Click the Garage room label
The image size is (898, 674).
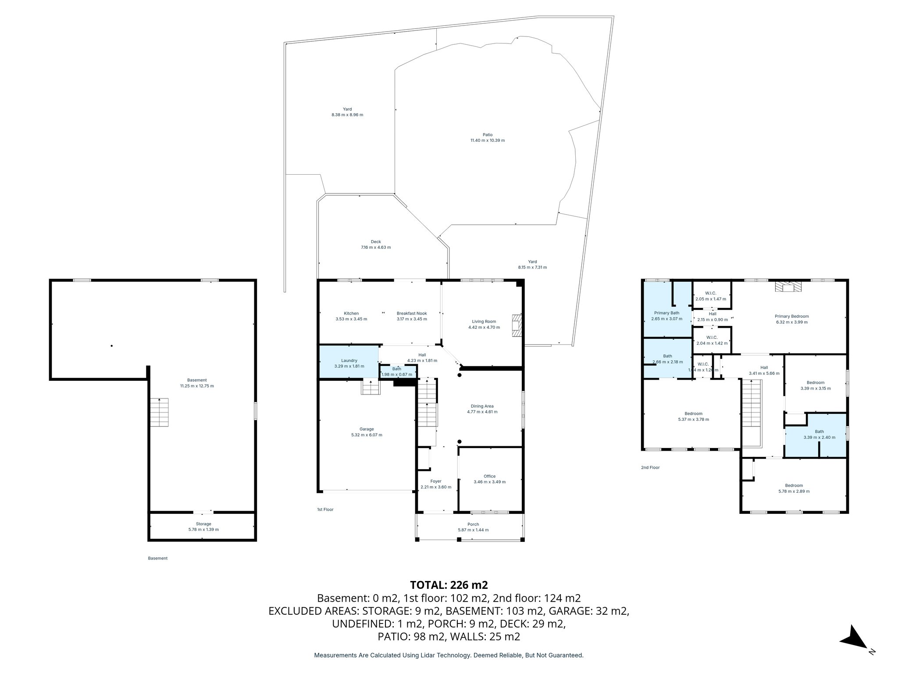(x=367, y=429)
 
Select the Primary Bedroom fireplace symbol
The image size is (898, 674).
(x=788, y=287)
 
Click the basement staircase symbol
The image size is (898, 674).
(x=159, y=412)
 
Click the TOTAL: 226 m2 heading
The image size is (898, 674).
(x=449, y=585)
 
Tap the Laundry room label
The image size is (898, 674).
(x=349, y=360)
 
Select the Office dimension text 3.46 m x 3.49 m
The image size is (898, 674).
(x=489, y=482)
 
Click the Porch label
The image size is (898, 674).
(x=473, y=524)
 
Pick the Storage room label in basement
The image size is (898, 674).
(x=203, y=523)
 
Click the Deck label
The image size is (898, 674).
(x=376, y=242)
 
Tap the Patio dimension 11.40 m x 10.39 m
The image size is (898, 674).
(x=487, y=140)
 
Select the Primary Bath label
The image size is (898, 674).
(x=667, y=313)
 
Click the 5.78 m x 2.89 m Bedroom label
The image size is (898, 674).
(x=794, y=485)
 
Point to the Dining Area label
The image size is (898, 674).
(x=482, y=406)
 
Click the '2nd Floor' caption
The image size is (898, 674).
(x=650, y=467)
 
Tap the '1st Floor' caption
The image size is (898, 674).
(x=325, y=509)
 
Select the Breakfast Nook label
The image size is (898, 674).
(x=411, y=313)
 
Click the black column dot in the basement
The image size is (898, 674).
(x=112, y=346)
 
